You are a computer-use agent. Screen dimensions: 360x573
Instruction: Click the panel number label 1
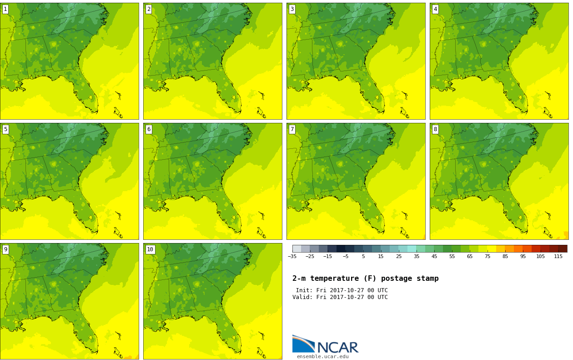(x=5, y=9)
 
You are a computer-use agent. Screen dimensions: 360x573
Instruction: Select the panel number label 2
(x=149, y=9)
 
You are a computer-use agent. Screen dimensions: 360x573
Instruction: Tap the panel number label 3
(x=292, y=9)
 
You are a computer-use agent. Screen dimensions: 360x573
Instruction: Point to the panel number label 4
(x=435, y=9)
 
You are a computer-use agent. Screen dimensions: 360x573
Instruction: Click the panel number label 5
(x=5, y=129)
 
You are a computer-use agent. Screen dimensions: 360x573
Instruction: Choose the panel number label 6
(x=149, y=129)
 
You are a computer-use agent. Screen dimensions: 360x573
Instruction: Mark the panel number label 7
(x=292, y=129)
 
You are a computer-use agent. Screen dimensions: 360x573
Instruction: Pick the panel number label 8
(x=435, y=129)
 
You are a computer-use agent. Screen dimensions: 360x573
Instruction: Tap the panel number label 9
(x=5, y=249)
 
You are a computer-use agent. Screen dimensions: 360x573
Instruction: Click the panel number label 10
(x=150, y=249)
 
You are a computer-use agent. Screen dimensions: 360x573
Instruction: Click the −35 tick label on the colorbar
(x=292, y=257)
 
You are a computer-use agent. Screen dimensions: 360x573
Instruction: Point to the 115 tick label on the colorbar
(x=558, y=257)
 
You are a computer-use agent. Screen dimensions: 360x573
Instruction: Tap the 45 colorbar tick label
(x=434, y=257)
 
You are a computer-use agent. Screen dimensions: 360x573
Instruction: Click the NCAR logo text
(x=337, y=348)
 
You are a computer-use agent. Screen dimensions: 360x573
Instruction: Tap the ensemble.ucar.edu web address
(x=322, y=357)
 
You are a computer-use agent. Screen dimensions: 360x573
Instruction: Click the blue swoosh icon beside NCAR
(x=303, y=344)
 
